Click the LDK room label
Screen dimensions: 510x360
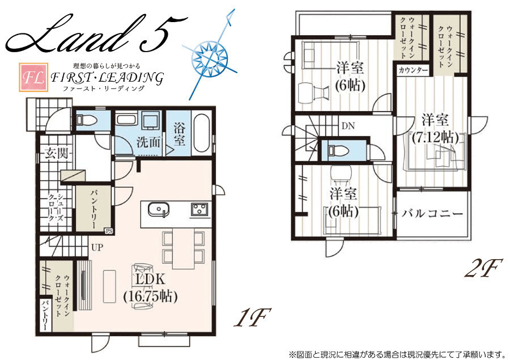[150, 279]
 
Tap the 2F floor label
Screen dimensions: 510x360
[484, 268]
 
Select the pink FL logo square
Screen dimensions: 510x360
[33, 77]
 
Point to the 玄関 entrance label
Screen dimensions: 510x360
[57, 153]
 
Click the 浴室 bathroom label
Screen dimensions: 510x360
[179, 134]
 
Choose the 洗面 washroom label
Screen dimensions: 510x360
[148, 142]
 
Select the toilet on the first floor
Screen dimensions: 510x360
[87, 120]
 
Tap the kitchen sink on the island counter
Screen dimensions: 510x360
[159, 209]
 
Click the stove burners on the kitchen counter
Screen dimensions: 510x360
[199, 208]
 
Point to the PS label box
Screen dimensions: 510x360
[109, 231]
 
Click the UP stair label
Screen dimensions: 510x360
[97, 247]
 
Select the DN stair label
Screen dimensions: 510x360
[348, 126]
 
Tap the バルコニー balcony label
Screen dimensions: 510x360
[432, 214]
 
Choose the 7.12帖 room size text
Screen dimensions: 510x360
[436, 137]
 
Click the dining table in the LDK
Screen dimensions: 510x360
[184, 248]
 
